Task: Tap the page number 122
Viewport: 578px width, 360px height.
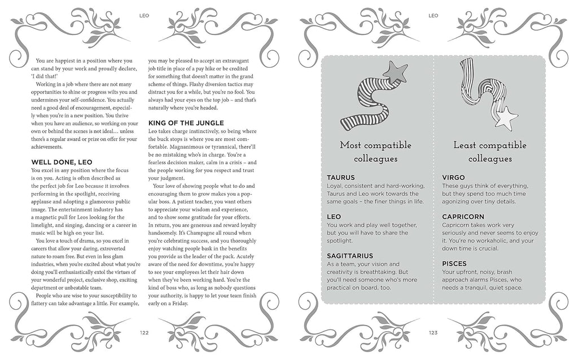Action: [x=144, y=333]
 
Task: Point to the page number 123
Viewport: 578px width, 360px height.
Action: [x=433, y=333]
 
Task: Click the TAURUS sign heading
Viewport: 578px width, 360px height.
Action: [x=341, y=177]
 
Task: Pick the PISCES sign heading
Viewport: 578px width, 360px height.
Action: [x=454, y=263]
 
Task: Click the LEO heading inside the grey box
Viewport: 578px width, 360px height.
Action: [x=335, y=216]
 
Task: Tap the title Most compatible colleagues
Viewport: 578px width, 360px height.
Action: [x=376, y=152]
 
